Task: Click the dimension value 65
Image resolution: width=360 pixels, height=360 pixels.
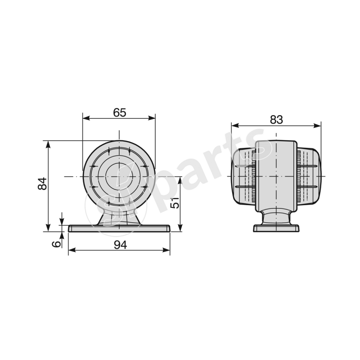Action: click(119, 112)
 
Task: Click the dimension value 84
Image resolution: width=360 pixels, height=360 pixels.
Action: click(42, 184)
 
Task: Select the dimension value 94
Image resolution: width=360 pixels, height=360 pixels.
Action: click(119, 245)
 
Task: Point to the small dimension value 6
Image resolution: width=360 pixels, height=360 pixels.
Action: click(56, 243)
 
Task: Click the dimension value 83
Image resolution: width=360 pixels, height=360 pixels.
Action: click(276, 119)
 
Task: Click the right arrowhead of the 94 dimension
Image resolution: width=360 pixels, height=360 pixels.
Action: click(167, 251)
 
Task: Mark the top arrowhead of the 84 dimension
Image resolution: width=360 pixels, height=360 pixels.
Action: click(48, 144)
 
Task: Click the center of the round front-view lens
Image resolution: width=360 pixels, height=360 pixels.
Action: click(119, 176)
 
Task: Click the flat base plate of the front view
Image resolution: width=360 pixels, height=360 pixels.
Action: click(119, 229)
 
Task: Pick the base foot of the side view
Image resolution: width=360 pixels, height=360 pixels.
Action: click(276, 228)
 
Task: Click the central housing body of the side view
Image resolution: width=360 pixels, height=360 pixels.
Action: click(276, 175)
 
